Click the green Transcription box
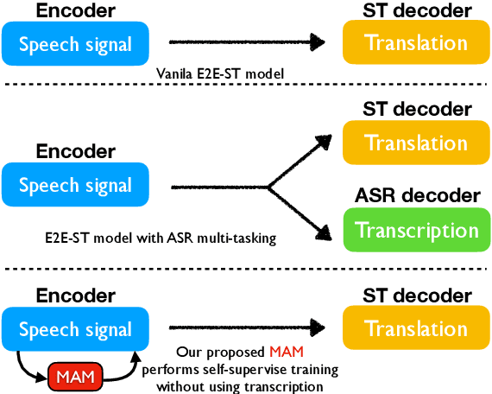click(x=417, y=231)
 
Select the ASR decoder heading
click(x=417, y=196)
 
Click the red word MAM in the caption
click(x=287, y=353)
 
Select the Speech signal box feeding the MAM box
click(x=75, y=329)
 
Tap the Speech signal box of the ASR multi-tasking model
click(x=75, y=185)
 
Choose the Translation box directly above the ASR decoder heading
click(x=417, y=143)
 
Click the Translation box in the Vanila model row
click(x=417, y=41)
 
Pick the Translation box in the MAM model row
click(x=417, y=329)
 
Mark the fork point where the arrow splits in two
click(x=268, y=186)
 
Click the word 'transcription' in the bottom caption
click(x=286, y=385)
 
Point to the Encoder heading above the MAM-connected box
click(x=75, y=295)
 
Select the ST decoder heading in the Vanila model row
click(x=417, y=10)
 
